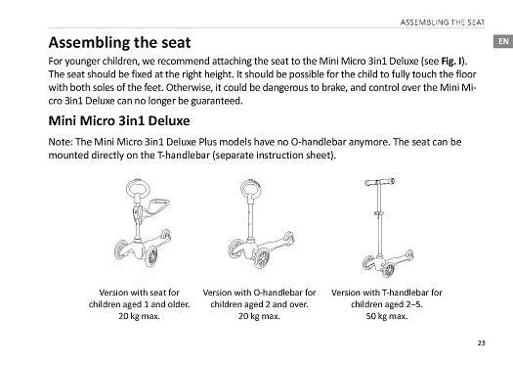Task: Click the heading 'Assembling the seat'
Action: (119, 43)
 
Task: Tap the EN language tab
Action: (503, 41)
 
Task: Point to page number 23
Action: (482, 343)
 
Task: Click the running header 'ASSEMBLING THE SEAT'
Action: (443, 23)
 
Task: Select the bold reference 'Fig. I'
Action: (452, 62)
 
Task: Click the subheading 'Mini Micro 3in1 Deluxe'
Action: (119, 120)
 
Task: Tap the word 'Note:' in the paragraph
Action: (61, 142)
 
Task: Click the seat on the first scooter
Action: (158, 205)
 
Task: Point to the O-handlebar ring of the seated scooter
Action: (138, 180)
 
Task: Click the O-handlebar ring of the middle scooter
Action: (250, 180)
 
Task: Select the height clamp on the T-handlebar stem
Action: (378, 213)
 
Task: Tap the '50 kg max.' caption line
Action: (387, 316)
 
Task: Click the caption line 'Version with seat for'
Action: (140, 293)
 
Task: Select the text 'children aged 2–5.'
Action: (387, 304)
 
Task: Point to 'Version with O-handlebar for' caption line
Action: (259, 293)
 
